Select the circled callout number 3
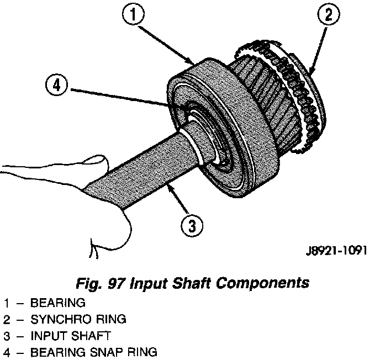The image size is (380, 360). (191, 225)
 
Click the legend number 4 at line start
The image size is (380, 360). (6, 352)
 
